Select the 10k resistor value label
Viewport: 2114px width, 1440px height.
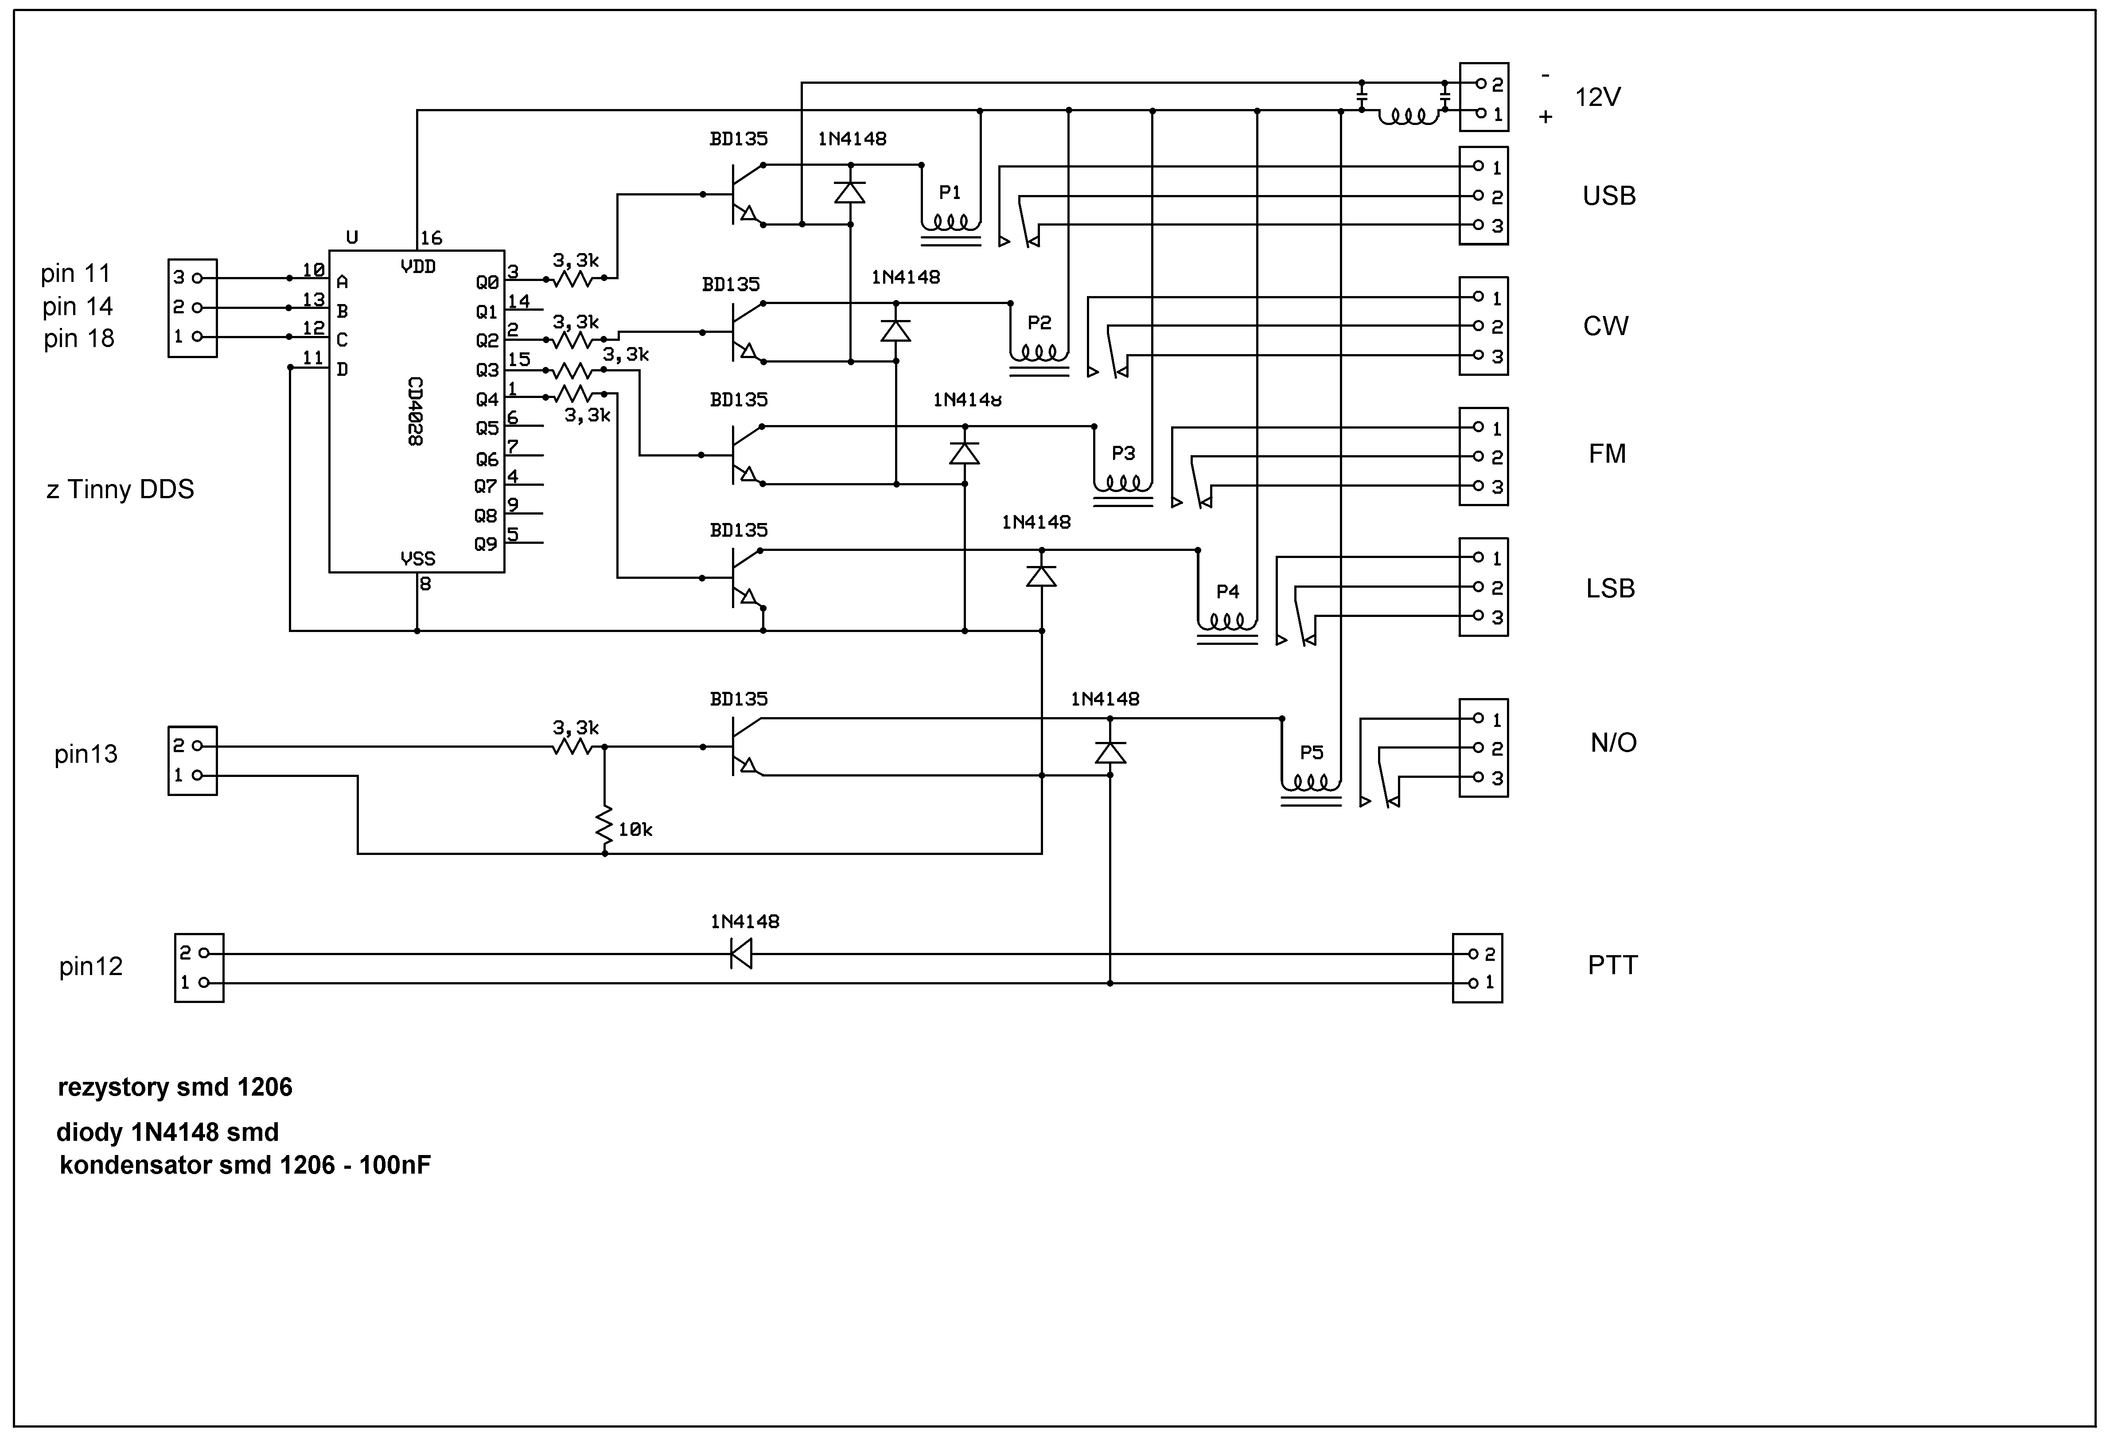pos(635,830)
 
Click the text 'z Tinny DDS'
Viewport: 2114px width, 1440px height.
pos(120,489)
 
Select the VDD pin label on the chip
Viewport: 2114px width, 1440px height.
pos(417,266)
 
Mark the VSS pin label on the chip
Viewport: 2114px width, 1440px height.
pos(417,558)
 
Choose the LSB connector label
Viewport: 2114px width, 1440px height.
pos(1610,589)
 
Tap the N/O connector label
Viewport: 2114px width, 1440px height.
pos(1613,742)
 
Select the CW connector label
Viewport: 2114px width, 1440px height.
pos(1605,326)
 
